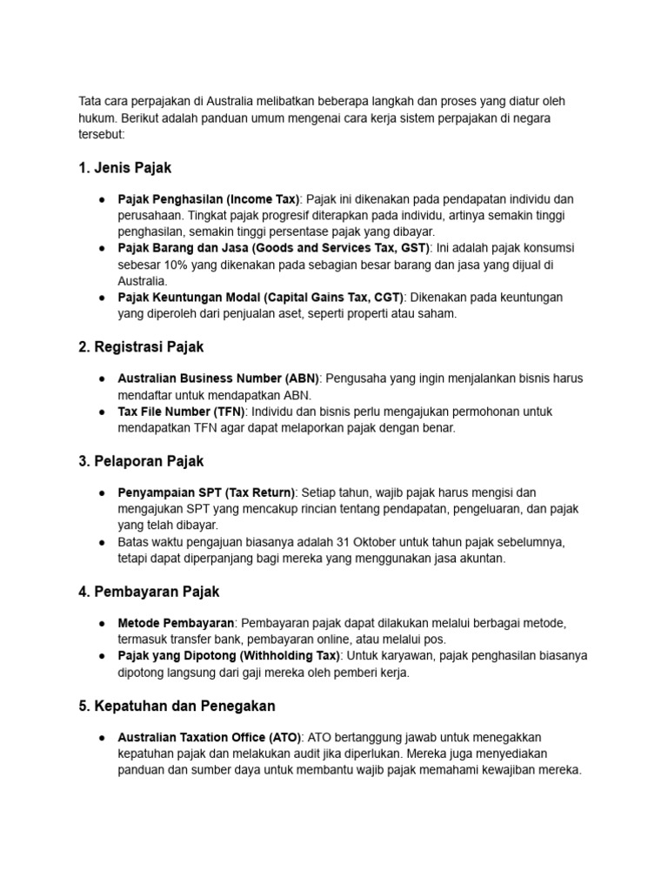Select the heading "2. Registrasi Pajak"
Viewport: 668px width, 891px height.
pyautogui.click(x=141, y=346)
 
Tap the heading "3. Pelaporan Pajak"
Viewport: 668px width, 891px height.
pyautogui.click(x=141, y=461)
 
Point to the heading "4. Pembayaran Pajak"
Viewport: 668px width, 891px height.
pyautogui.click(x=149, y=592)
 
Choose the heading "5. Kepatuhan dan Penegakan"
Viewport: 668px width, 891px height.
pyautogui.click(x=177, y=706)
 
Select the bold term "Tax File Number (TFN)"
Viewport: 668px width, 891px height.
pyautogui.click(x=181, y=411)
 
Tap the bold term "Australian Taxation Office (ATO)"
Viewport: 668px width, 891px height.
pyautogui.click(x=210, y=737)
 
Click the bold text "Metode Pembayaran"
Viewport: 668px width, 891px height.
pyautogui.click(x=176, y=623)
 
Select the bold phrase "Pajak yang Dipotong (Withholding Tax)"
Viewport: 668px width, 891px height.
pyautogui.click(x=228, y=656)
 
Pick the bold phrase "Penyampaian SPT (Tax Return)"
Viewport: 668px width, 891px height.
pyautogui.click(x=207, y=492)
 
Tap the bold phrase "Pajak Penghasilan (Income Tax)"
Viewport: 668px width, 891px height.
pyautogui.click(x=209, y=199)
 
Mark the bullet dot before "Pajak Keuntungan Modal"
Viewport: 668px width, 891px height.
pyautogui.click(x=102, y=298)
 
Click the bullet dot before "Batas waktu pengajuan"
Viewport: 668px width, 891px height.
pyautogui.click(x=102, y=542)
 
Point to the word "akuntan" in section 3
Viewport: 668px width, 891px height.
pyautogui.click(x=481, y=559)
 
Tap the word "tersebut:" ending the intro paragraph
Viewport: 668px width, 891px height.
pyautogui.click(x=102, y=134)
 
